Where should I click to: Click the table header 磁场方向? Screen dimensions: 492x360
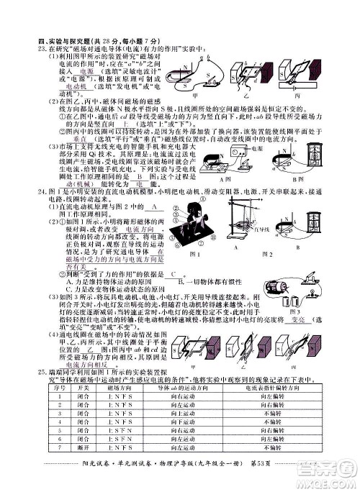pos(116,387)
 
